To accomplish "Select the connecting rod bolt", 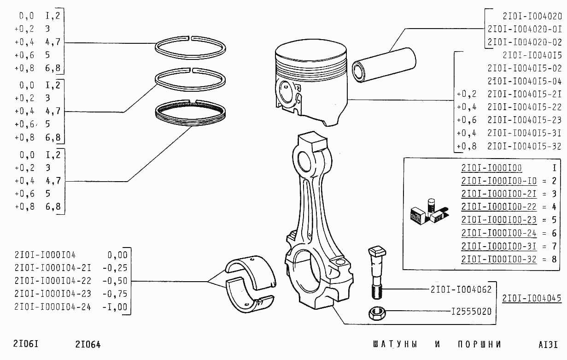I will [x=376, y=272].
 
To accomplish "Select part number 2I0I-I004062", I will [x=461, y=289].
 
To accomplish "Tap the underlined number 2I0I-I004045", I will [x=532, y=298].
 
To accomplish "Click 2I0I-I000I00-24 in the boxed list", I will [x=499, y=233].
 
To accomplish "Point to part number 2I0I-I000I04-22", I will [x=53, y=281].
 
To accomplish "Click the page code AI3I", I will [x=548, y=344].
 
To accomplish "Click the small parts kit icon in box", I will [x=429, y=212].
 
